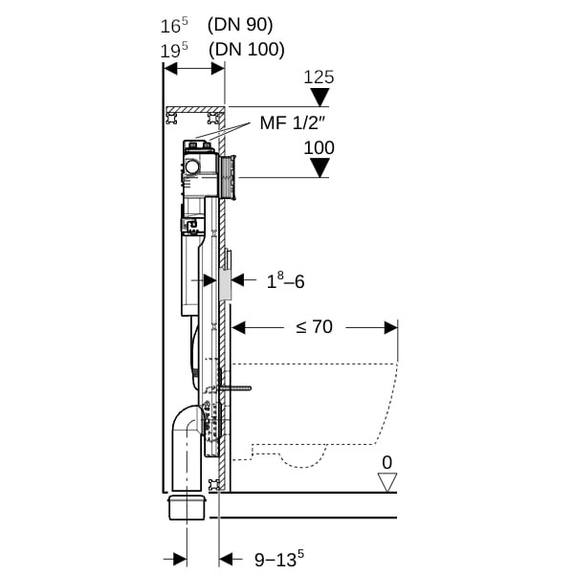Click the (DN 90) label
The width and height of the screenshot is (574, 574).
click(x=240, y=26)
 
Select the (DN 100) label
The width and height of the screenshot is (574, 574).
click(x=247, y=50)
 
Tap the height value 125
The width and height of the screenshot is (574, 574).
click(x=319, y=77)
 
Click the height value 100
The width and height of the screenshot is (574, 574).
click(x=320, y=148)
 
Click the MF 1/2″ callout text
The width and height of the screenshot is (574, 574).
click(x=293, y=123)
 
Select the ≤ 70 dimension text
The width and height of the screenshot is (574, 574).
click(x=315, y=326)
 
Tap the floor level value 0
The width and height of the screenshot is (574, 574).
click(x=386, y=463)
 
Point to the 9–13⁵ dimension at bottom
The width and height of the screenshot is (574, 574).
click(x=279, y=559)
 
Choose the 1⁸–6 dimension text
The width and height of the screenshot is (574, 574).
click(x=285, y=280)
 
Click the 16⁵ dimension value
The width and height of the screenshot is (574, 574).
click(x=174, y=26)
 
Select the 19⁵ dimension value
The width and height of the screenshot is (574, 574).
click(x=174, y=50)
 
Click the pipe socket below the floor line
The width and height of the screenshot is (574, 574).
click(x=187, y=507)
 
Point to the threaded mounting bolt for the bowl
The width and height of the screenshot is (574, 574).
click(x=235, y=388)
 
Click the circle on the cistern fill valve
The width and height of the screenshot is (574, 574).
click(x=192, y=167)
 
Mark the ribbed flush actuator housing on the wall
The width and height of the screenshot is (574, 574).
click(x=228, y=178)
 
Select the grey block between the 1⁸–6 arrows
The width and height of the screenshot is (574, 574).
click(x=225, y=285)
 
